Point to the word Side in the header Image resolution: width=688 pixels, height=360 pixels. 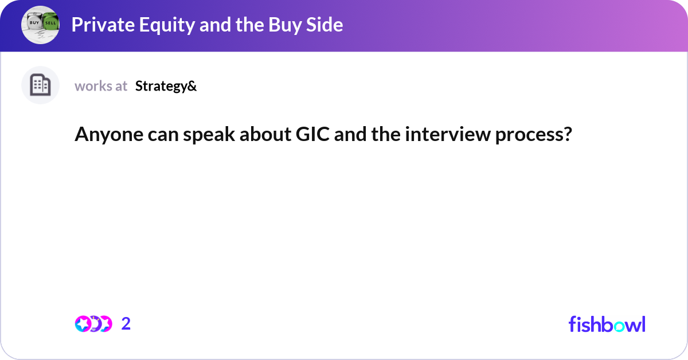point(326,25)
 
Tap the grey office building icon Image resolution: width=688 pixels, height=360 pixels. point(40,85)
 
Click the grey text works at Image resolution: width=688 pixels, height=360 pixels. point(101,86)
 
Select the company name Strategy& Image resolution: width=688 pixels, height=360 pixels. point(166,86)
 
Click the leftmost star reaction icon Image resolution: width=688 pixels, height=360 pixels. point(83,324)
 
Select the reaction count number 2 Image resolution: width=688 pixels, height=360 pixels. point(126,324)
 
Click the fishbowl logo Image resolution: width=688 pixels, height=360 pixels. point(607,324)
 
